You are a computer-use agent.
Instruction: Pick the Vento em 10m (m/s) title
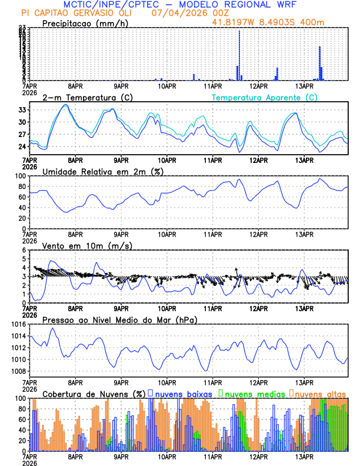86,245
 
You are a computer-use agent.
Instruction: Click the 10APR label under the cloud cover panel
166,456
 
